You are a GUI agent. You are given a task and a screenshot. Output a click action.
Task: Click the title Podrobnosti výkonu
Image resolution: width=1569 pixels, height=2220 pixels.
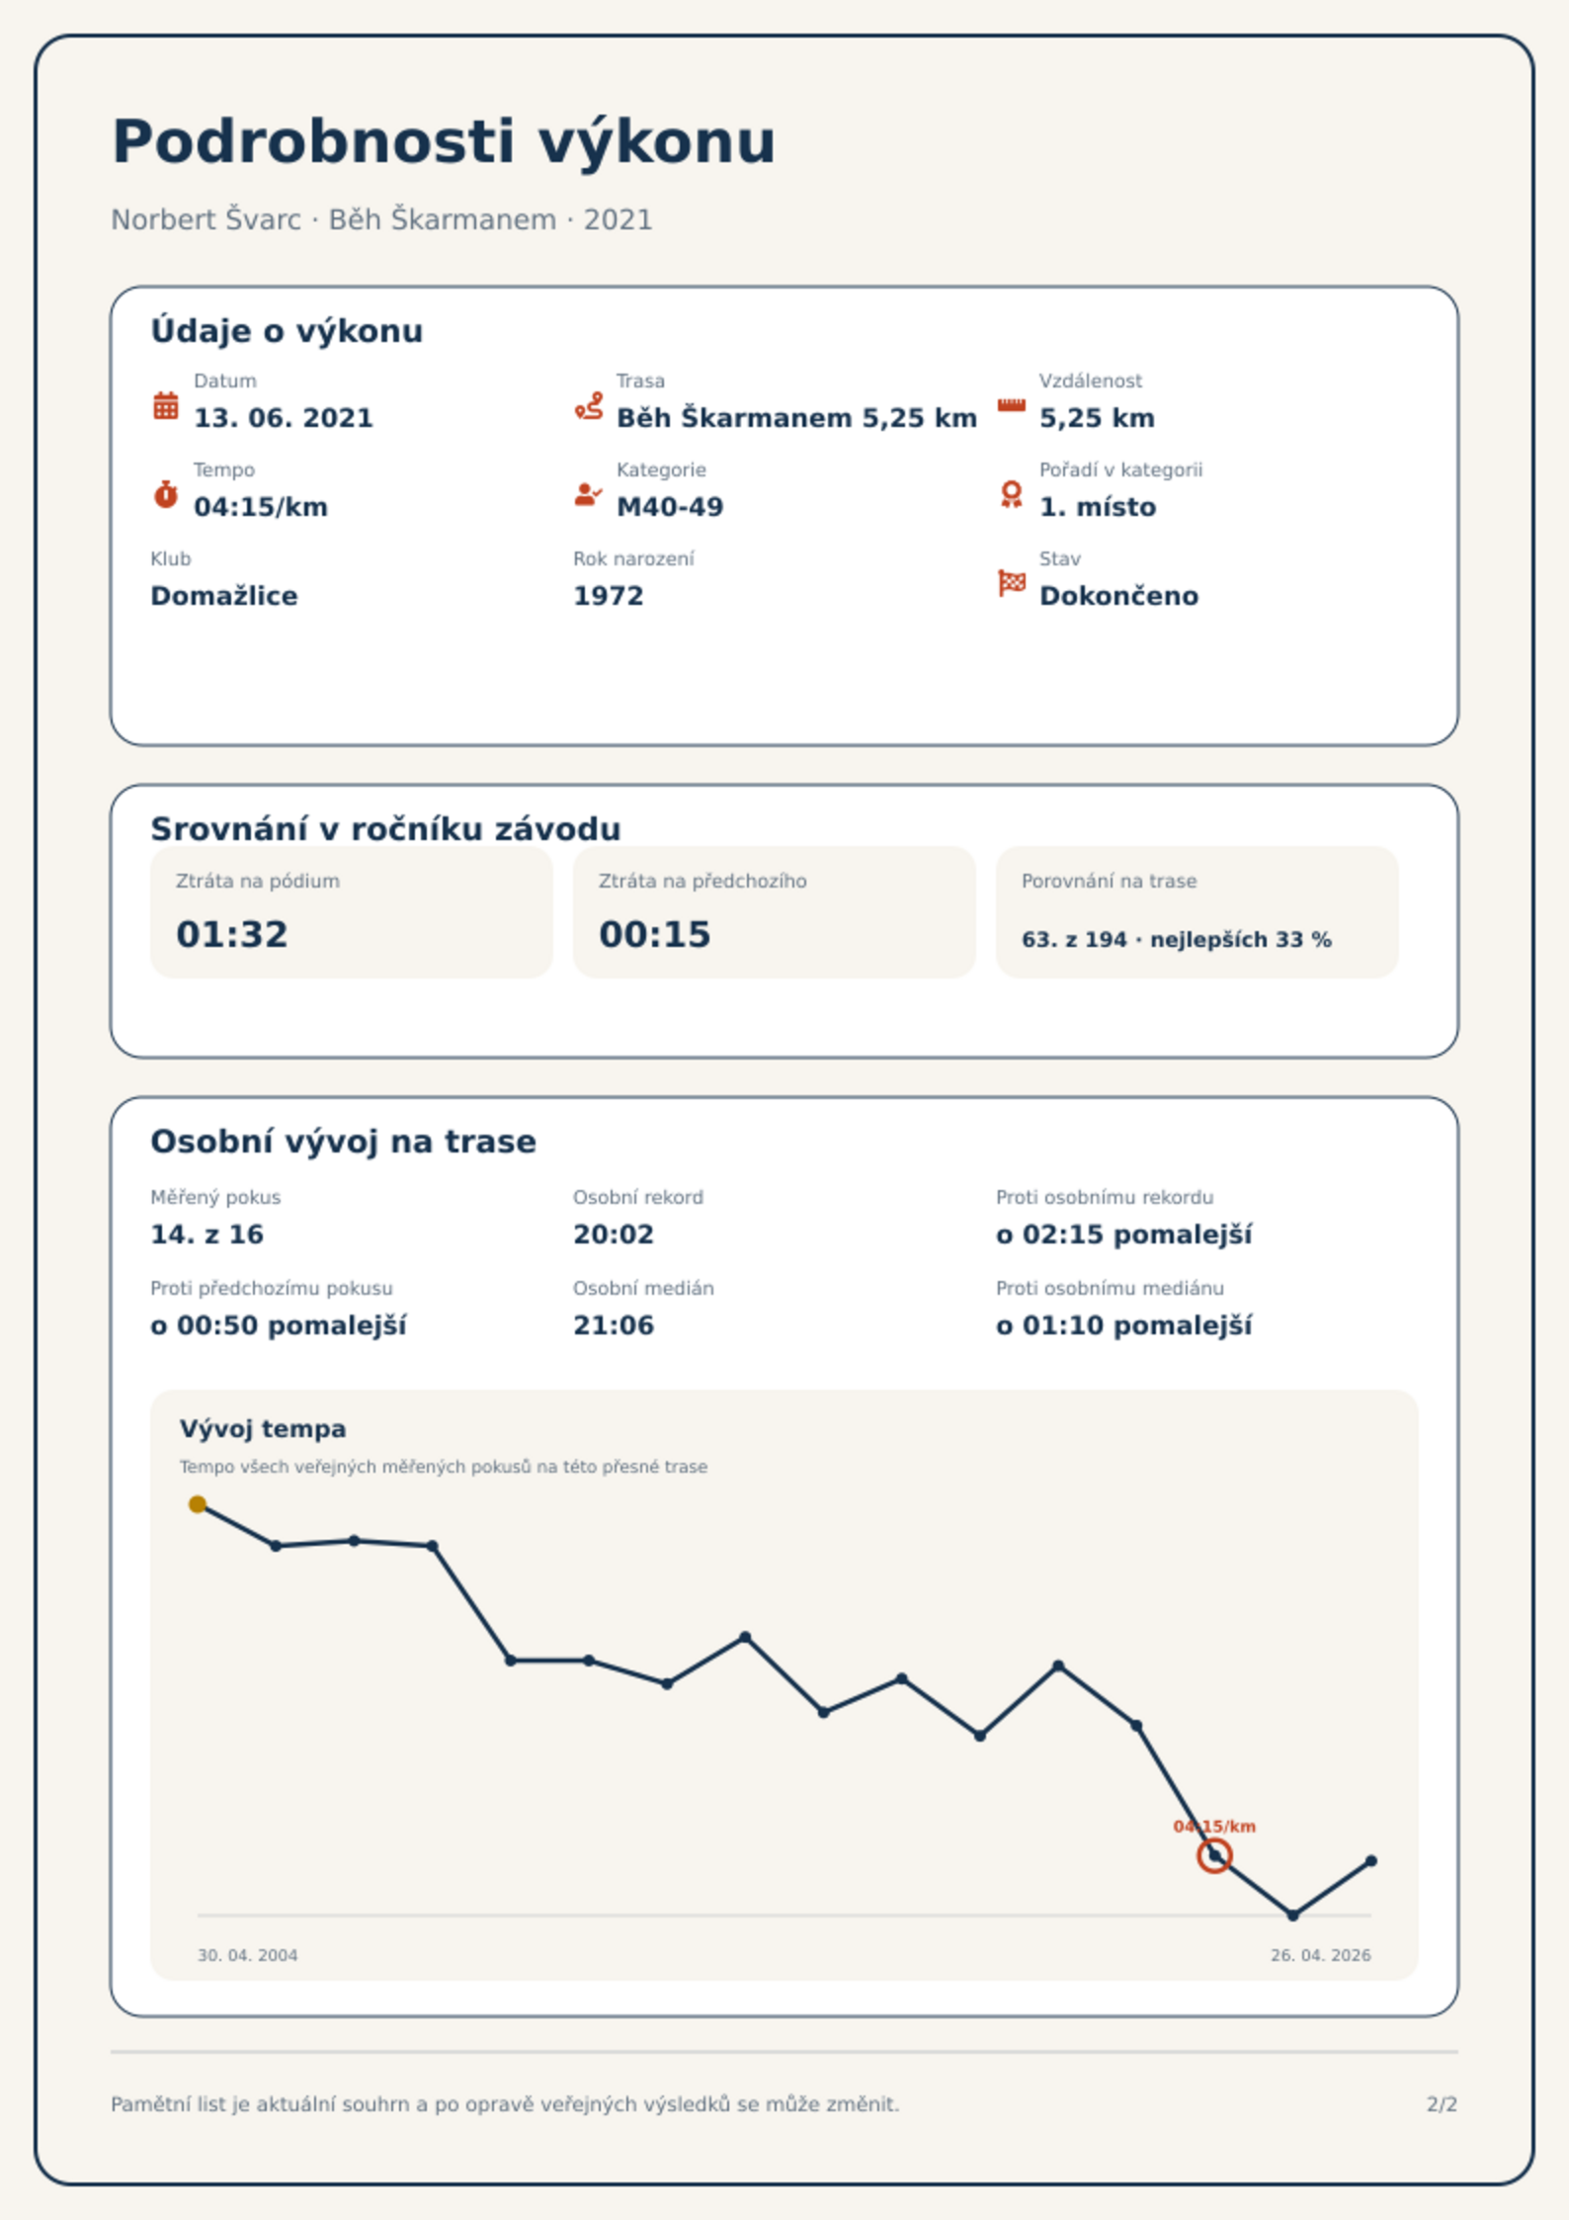click(x=444, y=142)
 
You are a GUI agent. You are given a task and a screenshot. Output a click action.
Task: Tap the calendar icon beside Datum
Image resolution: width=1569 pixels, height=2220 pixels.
click(x=166, y=405)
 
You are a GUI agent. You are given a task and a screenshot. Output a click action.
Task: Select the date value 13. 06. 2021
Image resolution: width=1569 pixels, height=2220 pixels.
click(x=284, y=418)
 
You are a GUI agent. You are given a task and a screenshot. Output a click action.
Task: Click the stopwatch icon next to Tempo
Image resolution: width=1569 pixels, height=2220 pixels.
click(x=166, y=494)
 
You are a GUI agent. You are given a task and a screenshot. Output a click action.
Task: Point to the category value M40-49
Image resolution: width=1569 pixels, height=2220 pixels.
click(x=670, y=507)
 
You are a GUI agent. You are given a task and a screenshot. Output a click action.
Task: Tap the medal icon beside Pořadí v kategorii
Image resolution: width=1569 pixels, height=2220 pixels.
click(x=1011, y=494)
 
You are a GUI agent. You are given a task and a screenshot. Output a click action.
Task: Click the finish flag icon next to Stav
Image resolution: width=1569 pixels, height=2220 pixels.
click(x=1012, y=583)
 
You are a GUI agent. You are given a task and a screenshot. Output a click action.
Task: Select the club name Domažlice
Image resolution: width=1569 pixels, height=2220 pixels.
click(x=224, y=596)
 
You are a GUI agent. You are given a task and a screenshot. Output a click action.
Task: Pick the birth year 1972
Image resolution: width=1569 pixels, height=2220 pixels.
click(x=609, y=596)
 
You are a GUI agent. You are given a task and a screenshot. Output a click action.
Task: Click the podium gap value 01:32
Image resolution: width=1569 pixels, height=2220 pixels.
click(x=232, y=934)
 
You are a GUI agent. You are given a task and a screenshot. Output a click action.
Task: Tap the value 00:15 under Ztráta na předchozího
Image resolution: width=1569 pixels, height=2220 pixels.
click(x=655, y=934)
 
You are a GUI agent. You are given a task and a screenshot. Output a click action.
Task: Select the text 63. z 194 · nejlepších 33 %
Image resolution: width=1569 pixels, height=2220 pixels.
click(x=1177, y=940)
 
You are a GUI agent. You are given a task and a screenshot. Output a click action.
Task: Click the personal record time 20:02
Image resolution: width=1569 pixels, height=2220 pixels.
click(x=614, y=1235)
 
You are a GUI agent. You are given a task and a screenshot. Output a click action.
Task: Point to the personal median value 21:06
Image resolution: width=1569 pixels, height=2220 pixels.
click(x=614, y=1325)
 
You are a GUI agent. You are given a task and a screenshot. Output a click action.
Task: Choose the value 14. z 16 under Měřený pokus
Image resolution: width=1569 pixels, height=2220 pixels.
click(x=207, y=1235)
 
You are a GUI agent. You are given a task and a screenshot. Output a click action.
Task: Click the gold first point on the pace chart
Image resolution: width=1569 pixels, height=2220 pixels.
click(x=198, y=1504)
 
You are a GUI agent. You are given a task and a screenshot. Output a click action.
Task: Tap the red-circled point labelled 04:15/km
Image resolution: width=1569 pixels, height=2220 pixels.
click(x=1214, y=1856)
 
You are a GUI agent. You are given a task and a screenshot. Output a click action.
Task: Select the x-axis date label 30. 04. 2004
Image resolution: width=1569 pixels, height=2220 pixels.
click(x=248, y=1955)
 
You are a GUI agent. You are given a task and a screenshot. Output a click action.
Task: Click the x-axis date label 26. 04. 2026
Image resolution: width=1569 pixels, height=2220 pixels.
click(x=1321, y=1955)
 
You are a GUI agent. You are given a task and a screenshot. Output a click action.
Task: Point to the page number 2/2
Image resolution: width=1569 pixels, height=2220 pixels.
click(x=1443, y=2104)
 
